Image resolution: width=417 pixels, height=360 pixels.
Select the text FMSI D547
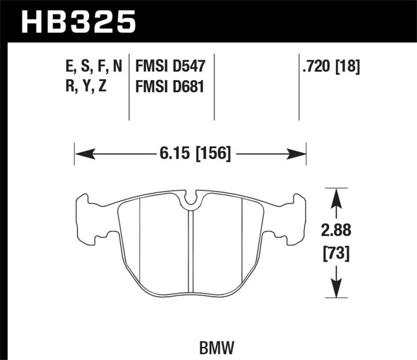point(170,67)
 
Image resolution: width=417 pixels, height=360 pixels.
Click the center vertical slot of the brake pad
point(191,250)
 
